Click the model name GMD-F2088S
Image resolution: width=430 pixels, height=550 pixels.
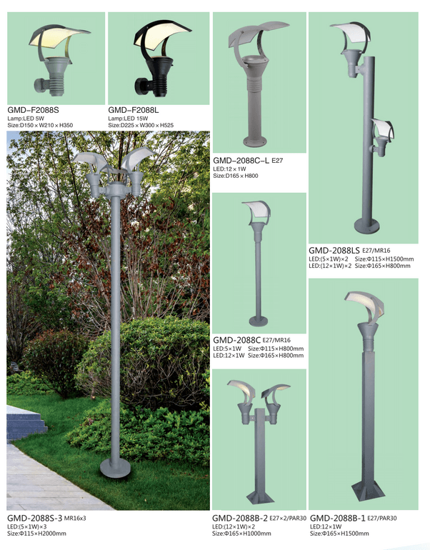click(x=34, y=110)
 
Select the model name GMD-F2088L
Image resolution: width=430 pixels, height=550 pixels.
click(x=134, y=110)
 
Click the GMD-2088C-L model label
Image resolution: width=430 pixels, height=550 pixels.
click(x=241, y=161)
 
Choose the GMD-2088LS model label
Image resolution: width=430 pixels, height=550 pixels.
click(x=334, y=251)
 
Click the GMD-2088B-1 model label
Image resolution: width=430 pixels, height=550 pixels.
click(x=338, y=518)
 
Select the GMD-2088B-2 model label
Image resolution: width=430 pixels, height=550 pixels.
click(x=240, y=518)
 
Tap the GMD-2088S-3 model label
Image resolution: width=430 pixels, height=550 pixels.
click(x=35, y=518)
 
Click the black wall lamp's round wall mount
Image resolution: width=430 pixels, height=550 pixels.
click(x=140, y=85)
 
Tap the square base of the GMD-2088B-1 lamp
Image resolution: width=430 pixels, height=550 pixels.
click(x=366, y=491)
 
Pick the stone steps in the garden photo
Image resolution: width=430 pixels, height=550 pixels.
click(x=26, y=423)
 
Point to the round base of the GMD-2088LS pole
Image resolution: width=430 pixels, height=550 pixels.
click(x=367, y=226)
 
